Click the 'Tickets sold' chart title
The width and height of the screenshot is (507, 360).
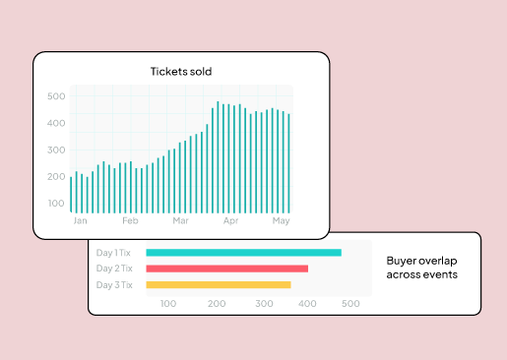(180, 71)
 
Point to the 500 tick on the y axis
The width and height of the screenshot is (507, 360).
(55, 96)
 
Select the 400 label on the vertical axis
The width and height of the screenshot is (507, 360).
(55, 124)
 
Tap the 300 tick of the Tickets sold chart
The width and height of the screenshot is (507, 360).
(55, 150)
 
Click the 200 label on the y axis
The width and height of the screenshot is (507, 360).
(55, 177)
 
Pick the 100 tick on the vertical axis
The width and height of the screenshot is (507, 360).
(55, 204)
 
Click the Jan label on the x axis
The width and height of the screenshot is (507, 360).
(81, 221)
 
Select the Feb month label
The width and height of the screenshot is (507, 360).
(130, 221)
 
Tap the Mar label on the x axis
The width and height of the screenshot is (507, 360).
(180, 221)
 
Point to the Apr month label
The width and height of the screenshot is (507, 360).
(230, 221)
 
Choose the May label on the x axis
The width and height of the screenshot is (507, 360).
(281, 221)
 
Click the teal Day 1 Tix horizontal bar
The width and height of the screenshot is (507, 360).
(243, 253)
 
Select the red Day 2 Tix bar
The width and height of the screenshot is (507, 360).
(226, 269)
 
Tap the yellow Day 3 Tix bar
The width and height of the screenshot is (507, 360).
(219, 285)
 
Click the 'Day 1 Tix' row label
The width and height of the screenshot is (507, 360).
(115, 253)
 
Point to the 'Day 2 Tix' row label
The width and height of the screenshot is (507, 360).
(115, 269)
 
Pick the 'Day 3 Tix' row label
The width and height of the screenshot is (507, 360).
(115, 285)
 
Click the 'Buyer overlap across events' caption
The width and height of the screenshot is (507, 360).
(421, 268)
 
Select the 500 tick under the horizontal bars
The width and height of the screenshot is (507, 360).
(350, 304)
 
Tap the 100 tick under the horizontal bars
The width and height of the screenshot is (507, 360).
(167, 304)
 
